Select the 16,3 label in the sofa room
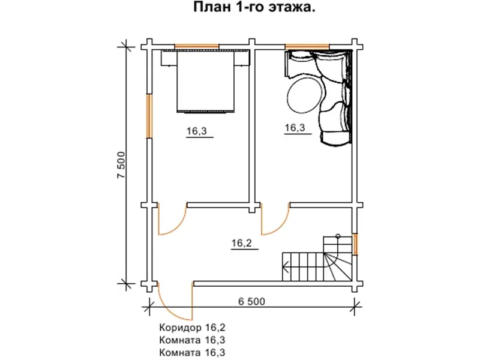click(x=295, y=128)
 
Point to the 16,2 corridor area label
click(x=241, y=243)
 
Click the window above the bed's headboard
click(x=196, y=46)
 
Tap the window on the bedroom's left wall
click(x=149, y=115)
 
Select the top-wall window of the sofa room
click(x=307, y=46)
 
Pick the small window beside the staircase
click(x=355, y=244)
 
